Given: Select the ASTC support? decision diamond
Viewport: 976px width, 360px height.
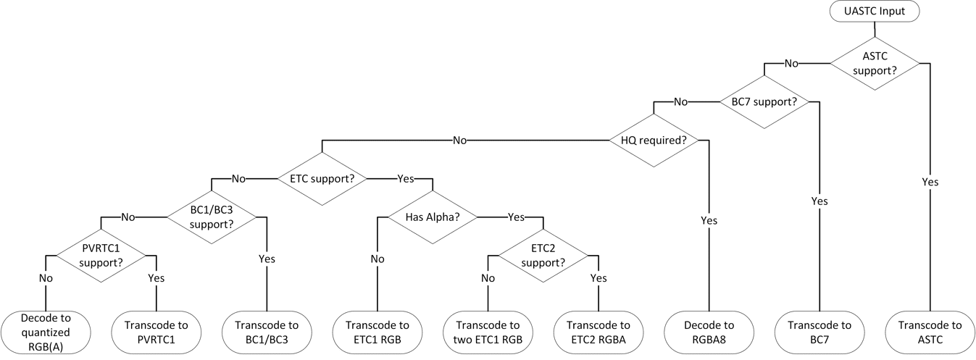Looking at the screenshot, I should tap(875, 64).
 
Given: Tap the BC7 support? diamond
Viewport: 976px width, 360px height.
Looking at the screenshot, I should tap(764, 102).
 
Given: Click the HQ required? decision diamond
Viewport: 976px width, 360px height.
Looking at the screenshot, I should tap(654, 140).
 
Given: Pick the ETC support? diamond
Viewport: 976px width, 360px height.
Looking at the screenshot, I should tap(322, 178).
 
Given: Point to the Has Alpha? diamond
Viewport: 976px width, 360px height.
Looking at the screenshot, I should tap(433, 217).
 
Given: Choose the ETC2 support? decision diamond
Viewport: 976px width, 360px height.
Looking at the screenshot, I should tap(543, 255).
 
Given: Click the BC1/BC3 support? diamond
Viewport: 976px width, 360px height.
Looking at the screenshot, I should tap(212, 217).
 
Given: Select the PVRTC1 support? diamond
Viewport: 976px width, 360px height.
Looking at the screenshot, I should tap(101, 255).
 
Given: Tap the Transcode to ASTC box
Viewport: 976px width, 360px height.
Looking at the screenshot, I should tap(929, 332).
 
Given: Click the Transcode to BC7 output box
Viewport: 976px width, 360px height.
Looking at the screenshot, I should tap(819, 332).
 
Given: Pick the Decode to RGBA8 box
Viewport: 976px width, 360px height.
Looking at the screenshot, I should tap(709, 332).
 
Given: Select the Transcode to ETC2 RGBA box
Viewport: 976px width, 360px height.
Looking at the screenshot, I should tap(598, 332).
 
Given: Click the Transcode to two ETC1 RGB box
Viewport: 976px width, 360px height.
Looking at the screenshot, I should tap(488, 332).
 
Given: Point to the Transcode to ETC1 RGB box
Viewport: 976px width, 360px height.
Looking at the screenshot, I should tap(378, 332).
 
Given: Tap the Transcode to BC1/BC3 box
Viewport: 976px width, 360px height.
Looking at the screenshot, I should tap(267, 332).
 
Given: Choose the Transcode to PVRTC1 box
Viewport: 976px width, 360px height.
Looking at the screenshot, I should tap(157, 332).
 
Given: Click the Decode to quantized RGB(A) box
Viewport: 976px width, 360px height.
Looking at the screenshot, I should tap(46, 332).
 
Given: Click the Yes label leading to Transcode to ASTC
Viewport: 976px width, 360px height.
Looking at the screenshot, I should tap(930, 182).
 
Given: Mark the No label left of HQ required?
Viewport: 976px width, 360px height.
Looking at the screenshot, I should tap(459, 140).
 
